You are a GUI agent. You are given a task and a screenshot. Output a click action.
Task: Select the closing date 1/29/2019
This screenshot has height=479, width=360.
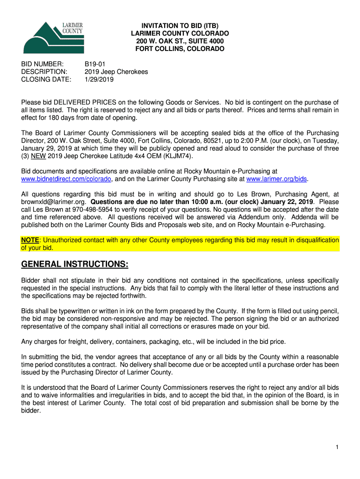click(99, 80)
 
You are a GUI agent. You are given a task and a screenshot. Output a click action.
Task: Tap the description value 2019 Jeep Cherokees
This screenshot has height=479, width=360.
click(116, 72)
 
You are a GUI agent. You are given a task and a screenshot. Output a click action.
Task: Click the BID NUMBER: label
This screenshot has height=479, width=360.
click(42, 64)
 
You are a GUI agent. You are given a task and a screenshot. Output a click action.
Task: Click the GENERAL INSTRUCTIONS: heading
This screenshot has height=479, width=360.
click(75, 265)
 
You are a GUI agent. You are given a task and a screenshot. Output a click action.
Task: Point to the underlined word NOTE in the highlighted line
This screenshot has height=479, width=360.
click(30, 240)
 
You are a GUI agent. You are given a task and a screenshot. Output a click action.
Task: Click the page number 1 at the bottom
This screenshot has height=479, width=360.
click(337, 448)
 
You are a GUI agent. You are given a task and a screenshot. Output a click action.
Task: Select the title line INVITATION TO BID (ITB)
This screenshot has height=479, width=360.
click(180, 26)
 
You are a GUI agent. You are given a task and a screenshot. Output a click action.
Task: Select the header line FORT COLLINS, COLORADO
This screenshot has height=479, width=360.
click(180, 49)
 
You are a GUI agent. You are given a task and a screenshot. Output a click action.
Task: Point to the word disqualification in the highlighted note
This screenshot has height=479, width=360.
click(313, 240)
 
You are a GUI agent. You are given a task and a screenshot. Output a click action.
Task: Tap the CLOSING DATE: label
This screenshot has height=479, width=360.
click(46, 80)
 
